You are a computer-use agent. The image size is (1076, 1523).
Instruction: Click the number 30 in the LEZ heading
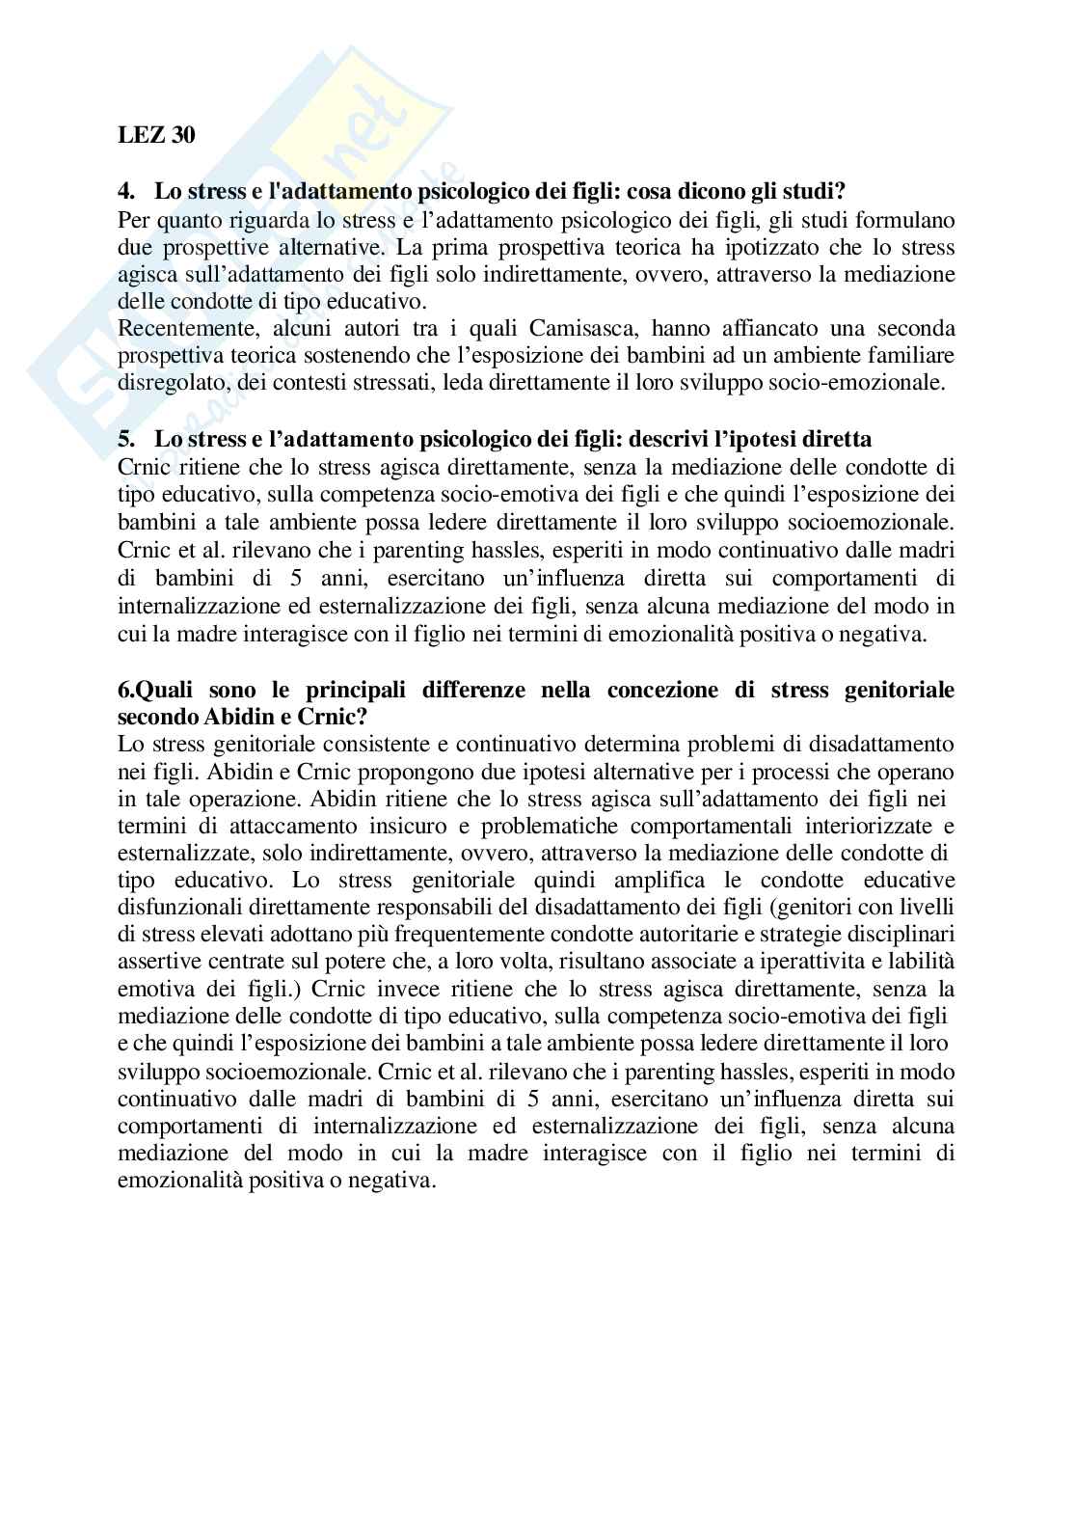[183, 135]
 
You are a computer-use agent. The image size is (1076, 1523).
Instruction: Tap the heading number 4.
[124, 192]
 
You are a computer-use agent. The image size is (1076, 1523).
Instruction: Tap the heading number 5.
[124, 439]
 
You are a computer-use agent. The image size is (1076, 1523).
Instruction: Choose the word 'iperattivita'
[794, 962]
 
